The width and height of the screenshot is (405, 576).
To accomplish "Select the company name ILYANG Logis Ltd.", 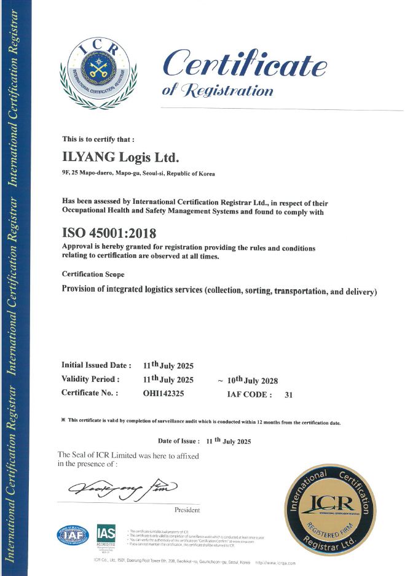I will pyautogui.click(x=119, y=158).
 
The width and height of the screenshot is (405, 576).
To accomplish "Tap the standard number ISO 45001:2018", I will pyautogui.click(x=109, y=233).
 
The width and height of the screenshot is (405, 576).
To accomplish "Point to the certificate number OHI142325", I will pyautogui.click(x=163, y=394).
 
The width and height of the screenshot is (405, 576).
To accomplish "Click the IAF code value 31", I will pyautogui.click(x=289, y=394).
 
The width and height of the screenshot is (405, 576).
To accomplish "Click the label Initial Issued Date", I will pyautogui.click(x=96, y=365).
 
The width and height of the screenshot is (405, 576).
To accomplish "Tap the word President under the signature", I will pyautogui.click(x=187, y=510).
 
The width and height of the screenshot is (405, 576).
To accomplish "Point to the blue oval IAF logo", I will pyautogui.click(x=73, y=535).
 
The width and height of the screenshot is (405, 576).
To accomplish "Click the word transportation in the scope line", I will pyautogui.click(x=298, y=290).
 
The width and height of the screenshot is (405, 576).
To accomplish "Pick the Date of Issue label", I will pyautogui.click(x=178, y=441).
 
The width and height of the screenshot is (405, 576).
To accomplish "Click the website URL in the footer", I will pyautogui.click(x=275, y=562).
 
